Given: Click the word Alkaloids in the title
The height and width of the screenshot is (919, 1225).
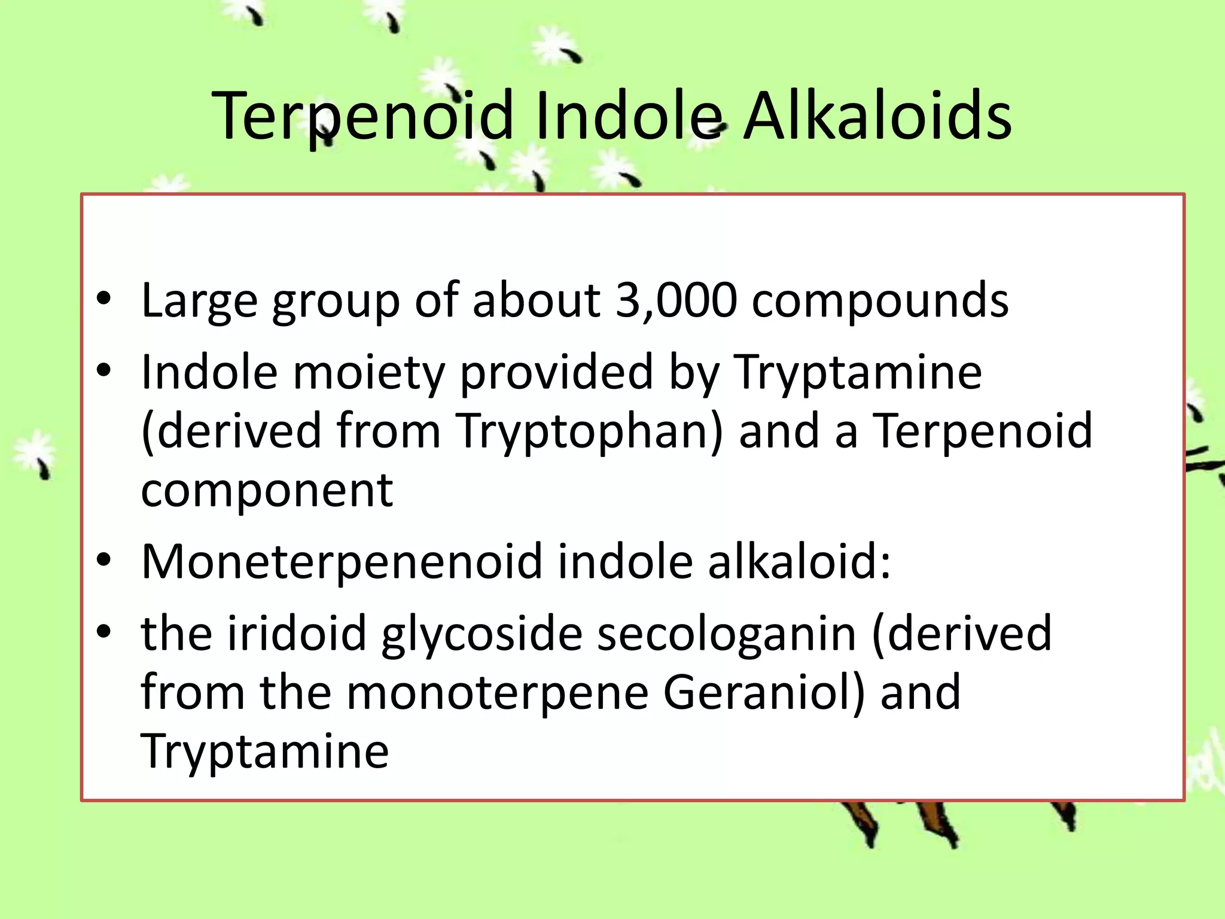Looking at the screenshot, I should coord(877,115).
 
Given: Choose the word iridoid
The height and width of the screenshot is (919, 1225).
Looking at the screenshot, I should coord(296,634).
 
